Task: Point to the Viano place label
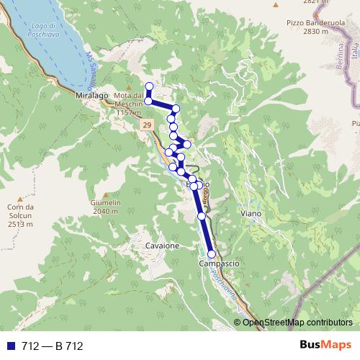coord(252,214)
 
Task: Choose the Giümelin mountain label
coord(105,204)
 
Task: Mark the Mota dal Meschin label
coord(129,105)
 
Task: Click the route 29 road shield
coord(146,125)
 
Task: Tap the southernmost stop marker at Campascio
coord(211,254)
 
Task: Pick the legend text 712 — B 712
coord(53,346)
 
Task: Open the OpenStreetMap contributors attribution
coord(297,323)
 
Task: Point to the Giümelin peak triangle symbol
coord(105,195)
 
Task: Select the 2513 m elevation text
coord(20,224)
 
